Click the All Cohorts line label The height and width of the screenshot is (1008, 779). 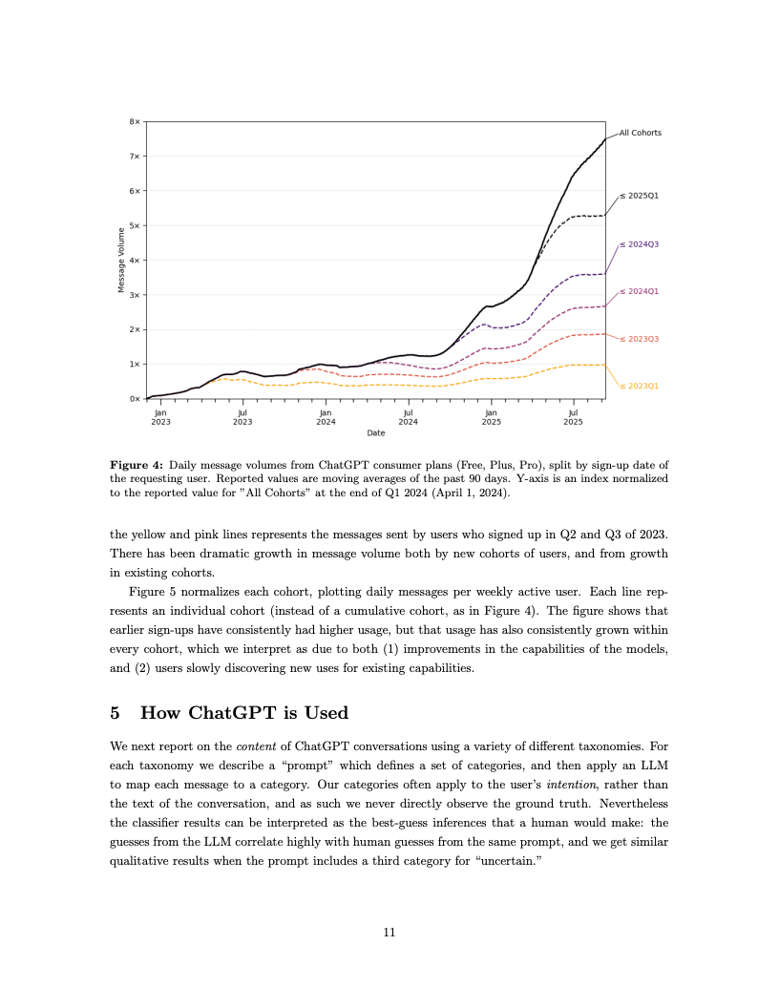tap(640, 133)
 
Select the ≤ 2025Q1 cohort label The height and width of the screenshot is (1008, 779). tap(639, 196)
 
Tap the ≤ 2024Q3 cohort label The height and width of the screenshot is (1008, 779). tap(639, 244)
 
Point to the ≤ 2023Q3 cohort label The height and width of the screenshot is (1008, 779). tap(639, 339)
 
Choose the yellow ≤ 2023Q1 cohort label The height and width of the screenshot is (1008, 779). tap(639, 386)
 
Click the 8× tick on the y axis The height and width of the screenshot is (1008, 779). tap(136, 122)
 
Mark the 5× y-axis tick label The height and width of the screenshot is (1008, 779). tap(136, 226)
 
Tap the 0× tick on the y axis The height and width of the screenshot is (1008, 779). tap(136, 398)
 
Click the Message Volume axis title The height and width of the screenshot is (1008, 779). tap(121, 260)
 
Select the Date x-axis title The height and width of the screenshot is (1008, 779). tap(376, 433)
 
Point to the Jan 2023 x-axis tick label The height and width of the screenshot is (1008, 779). tap(160, 416)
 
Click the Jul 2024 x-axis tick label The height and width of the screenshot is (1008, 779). tap(408, 416)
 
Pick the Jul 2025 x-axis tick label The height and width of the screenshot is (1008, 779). tap(573, 416)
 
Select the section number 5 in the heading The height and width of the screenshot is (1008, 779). tap(116, 712)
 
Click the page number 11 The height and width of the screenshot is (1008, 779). tap(389, 933)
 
